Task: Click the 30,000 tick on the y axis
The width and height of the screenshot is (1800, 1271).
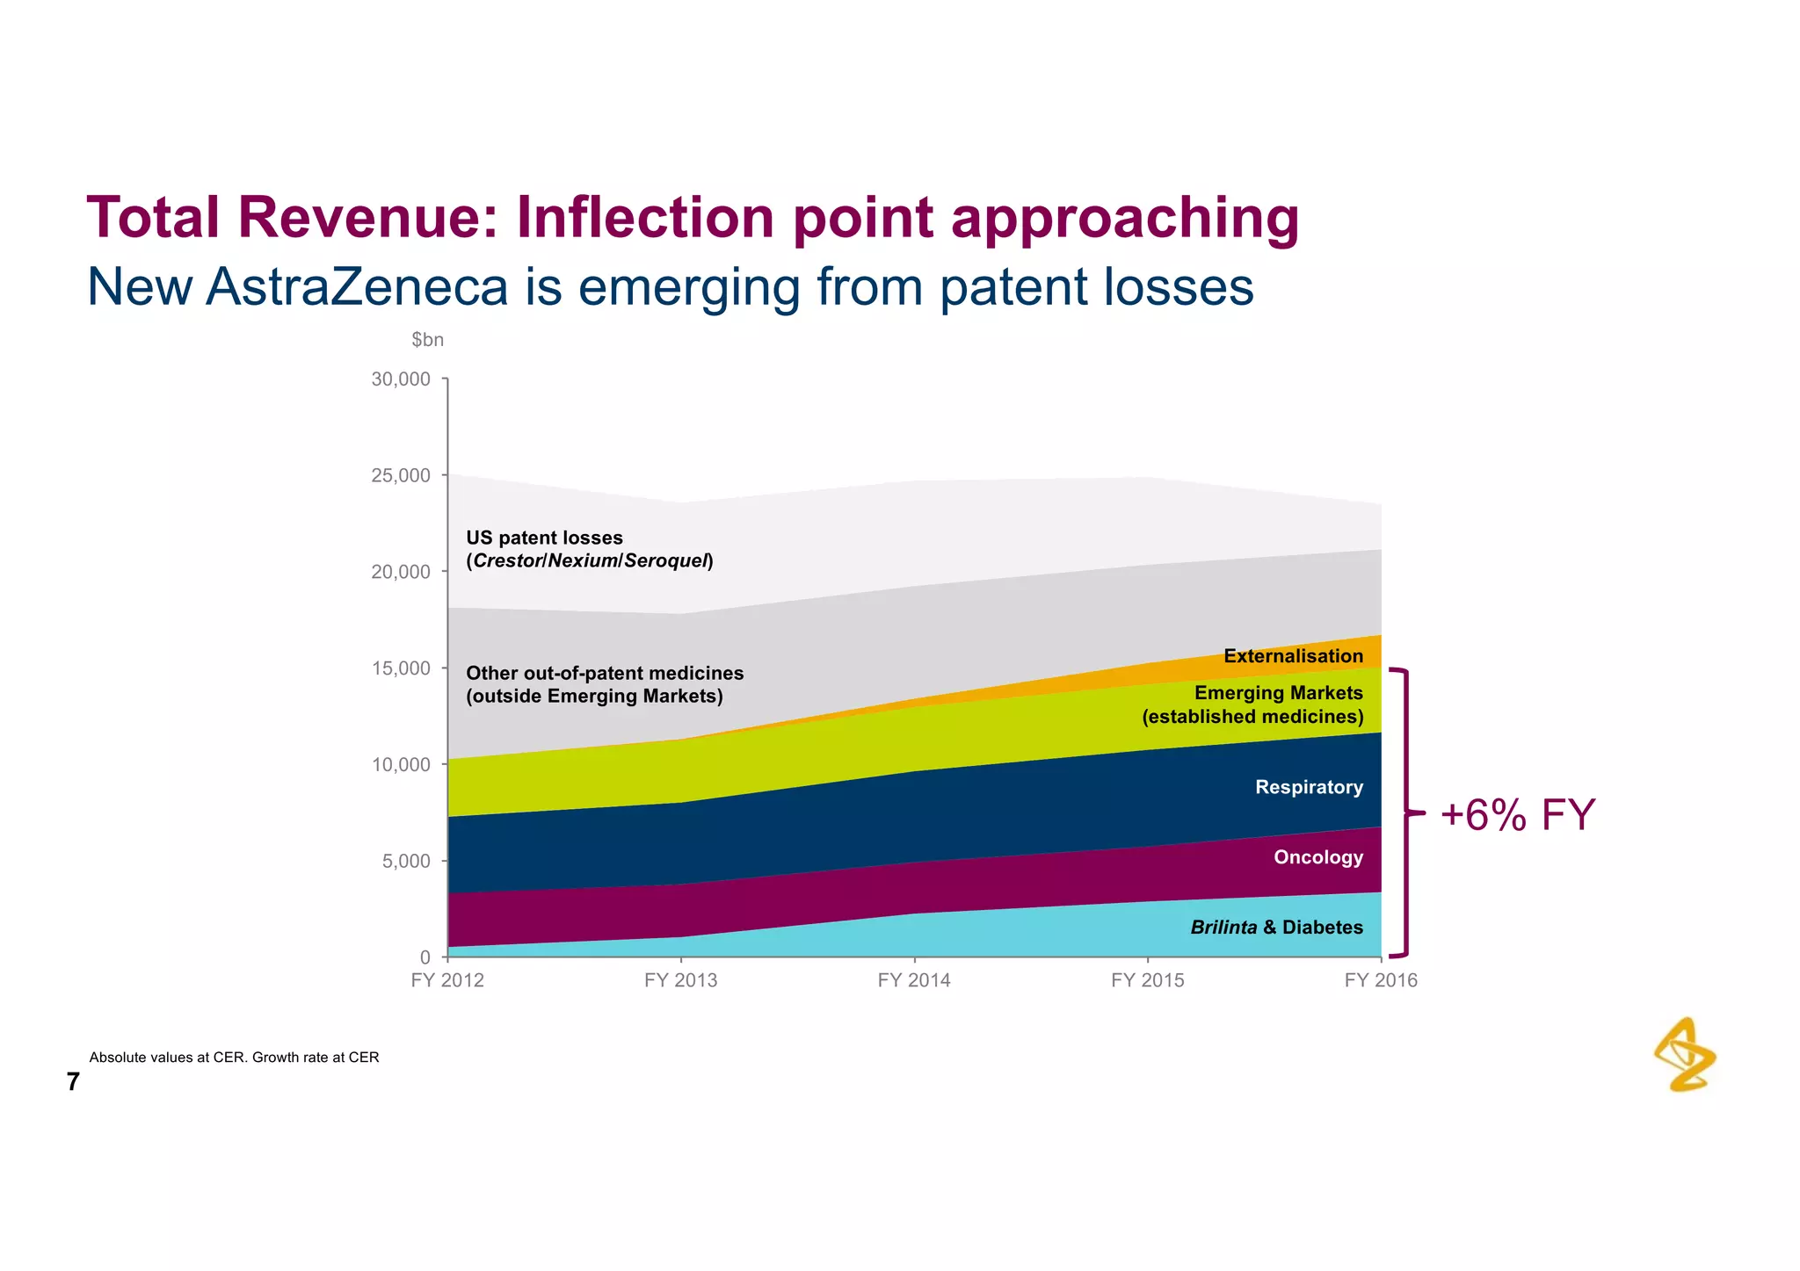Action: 402,379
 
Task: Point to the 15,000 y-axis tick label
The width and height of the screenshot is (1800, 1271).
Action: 402,668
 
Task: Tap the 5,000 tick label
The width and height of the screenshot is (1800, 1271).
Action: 407,861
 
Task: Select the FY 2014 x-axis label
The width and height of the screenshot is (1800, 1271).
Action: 914,980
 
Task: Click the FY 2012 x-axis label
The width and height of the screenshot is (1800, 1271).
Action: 447,980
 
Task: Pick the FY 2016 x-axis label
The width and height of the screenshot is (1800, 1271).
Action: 1381,980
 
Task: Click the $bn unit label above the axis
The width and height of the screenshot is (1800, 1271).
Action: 427,340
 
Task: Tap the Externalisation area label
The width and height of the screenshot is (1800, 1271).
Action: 1293,656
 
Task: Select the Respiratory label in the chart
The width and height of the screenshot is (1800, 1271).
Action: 1309,787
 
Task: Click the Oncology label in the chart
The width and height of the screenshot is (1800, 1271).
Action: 1318,857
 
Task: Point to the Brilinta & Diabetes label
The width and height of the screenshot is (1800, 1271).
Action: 1276,928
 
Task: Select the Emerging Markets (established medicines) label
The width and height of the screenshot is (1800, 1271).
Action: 1253,704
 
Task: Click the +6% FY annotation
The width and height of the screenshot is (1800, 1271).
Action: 1517,815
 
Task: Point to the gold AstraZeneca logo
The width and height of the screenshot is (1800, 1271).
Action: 1685,1055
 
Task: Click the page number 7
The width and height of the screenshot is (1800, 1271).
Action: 73,1082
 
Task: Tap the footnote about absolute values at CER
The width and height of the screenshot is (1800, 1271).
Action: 234,1058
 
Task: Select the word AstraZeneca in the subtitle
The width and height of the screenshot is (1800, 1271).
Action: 358,287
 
